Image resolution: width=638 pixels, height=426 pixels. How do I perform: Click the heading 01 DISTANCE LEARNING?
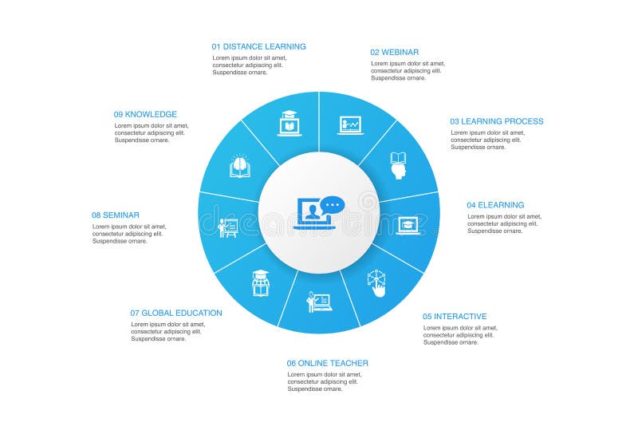258,46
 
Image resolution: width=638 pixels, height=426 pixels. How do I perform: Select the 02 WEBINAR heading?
395,52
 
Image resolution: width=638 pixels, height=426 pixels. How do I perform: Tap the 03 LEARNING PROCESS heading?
496,121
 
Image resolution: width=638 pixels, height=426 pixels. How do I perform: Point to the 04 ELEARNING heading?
495,205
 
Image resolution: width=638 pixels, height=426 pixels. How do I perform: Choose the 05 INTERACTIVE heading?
455,316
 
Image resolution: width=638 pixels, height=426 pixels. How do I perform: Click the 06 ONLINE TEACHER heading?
328,363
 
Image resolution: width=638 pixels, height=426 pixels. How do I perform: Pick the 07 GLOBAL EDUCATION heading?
176,313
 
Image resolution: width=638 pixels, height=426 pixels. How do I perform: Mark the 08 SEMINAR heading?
116,215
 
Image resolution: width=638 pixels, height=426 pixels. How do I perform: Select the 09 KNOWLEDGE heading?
145,114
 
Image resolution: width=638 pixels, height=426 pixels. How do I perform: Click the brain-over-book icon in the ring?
240,166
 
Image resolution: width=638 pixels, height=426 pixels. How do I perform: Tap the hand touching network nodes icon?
376,283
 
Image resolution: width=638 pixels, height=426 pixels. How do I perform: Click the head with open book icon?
399,165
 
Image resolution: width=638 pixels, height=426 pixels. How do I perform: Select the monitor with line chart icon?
350,125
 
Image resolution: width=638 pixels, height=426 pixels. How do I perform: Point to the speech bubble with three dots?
333,205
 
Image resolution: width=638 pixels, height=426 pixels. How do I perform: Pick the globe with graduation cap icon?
261,283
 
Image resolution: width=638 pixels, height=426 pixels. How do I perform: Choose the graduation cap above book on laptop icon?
289,124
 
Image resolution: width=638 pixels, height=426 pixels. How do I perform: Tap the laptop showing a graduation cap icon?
409,225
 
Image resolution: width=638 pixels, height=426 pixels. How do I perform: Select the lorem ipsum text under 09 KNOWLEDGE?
152,132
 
